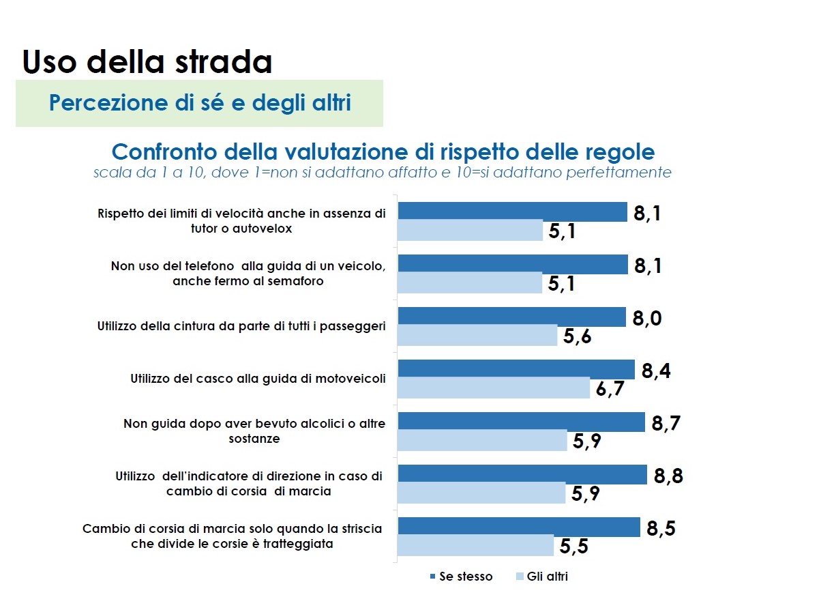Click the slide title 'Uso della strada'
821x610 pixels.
coord(147,61)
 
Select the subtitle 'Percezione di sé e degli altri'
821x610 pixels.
coord(200,103)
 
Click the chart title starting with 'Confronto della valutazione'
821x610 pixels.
coord(383,151)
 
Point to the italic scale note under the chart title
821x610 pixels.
coord(382,173)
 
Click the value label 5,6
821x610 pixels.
coord(577,336)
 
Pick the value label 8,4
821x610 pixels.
coord(656,371)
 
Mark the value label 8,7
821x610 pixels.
coord(666,424)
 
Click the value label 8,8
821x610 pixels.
coord(668,476)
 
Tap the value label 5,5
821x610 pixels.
coord(573,546)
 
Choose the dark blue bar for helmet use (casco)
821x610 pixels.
coord(516,369)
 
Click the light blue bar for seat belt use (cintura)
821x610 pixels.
coord(477,335)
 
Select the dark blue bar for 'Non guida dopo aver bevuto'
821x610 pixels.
coord(521,422)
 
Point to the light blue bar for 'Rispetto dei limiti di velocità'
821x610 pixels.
coord(470,230)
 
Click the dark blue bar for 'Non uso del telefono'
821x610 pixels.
coord(513,264)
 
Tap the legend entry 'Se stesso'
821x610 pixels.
coord(461,577)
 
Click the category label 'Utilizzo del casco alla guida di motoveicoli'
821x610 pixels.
coord(258,379)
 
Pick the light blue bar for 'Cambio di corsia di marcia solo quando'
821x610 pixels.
coord(475,545)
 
